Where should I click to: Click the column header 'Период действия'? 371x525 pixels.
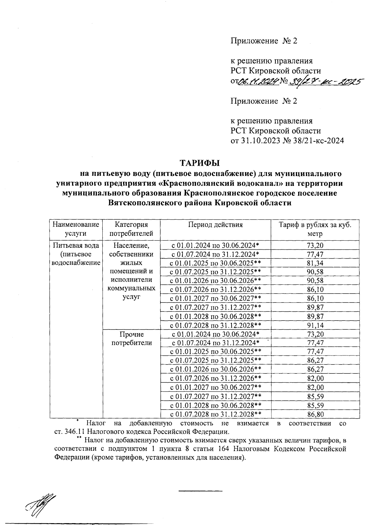(x=215, y=225)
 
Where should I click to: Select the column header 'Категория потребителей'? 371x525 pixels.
(x=131, y=229)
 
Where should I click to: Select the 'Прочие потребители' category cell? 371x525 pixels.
(x=131, y=338)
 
